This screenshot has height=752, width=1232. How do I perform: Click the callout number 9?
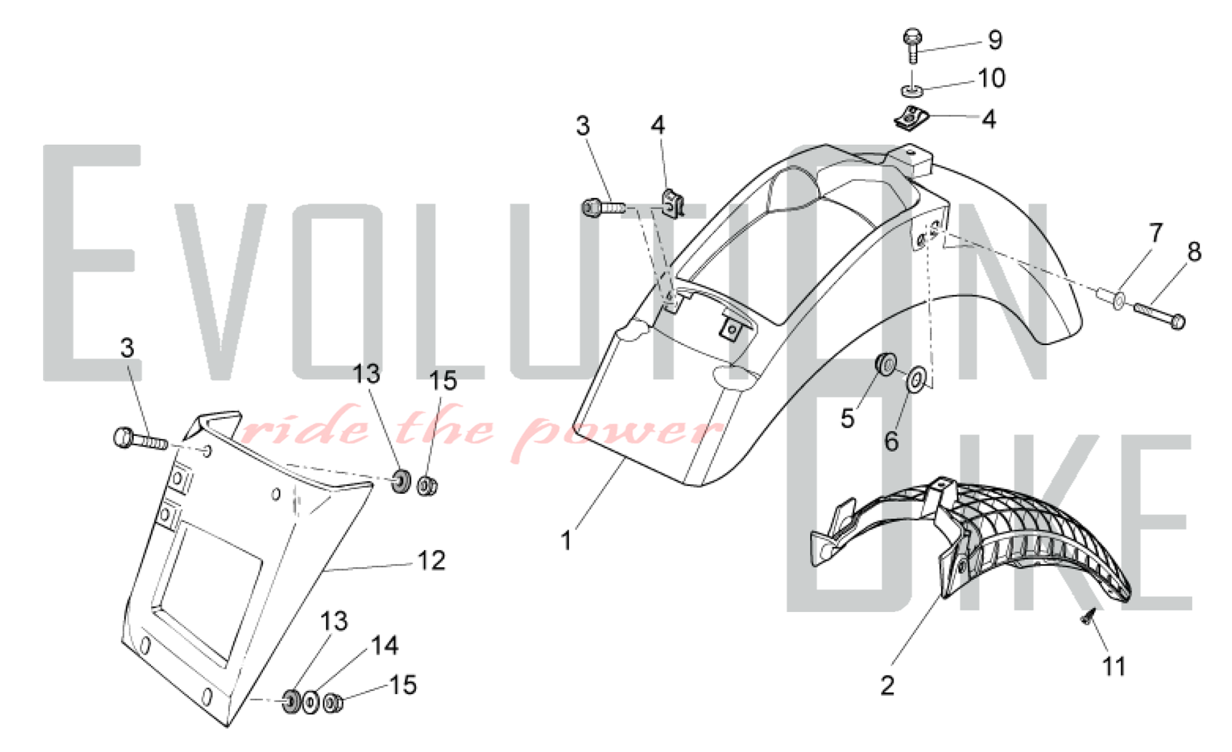coord(995,40)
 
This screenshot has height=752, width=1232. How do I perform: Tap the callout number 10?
coord(992,78)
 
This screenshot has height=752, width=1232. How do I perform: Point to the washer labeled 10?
coord(912,91)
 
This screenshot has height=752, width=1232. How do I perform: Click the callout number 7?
coord(1156,233)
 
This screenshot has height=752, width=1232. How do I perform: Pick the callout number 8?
coord(1194,251)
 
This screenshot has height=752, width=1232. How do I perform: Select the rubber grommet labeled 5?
coord(886,363)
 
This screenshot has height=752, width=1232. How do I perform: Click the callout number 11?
coord(1114,667)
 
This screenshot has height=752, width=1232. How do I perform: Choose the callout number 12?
coord(431,560)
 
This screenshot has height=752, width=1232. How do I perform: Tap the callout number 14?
coord(384,645)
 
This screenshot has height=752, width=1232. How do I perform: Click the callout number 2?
coord(887,685)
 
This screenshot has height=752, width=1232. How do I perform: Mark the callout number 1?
coord(566,541)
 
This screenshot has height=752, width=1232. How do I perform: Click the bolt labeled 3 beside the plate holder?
coord(140,439)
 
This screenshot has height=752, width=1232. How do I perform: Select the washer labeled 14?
coord(311,702)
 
